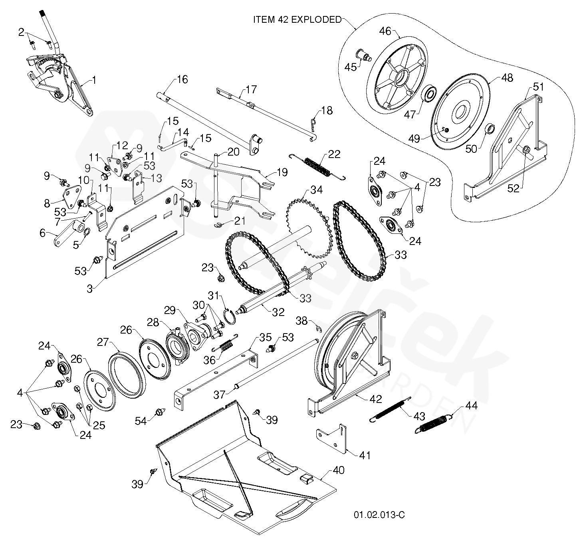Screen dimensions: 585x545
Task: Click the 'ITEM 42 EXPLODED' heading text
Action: [x=297, y=20]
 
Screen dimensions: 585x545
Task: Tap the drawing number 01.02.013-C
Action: [x=379, y=515]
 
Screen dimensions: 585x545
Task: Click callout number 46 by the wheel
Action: [x=385, y=31]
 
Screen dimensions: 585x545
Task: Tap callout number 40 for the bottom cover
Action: [x=338, y=470]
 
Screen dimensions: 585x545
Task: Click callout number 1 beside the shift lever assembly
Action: [x=94, y=80]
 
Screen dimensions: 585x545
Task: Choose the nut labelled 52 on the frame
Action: [x=526, y=150]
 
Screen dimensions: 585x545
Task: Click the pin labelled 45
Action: [x=364, y=55]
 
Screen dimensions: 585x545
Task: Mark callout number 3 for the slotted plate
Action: [x=90, y=289]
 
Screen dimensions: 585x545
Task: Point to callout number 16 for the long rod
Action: [x=182, y=79]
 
